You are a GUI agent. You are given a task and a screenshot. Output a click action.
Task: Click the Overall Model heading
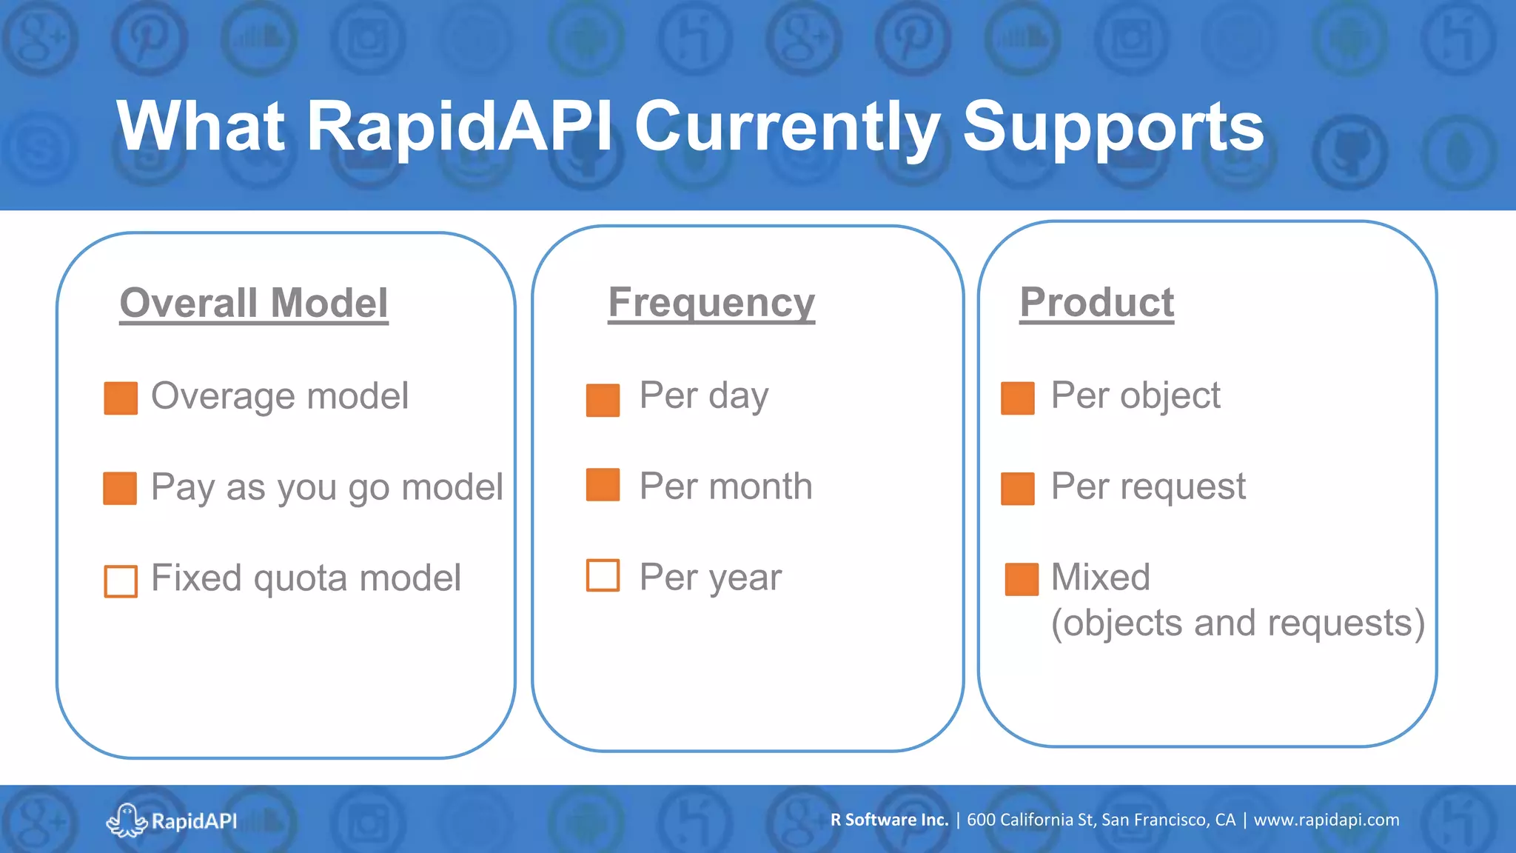(x=254, y=303)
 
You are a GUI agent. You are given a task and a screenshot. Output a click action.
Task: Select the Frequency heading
(x=711, y=302)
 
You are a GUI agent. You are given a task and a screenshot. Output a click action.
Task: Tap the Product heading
(x=1096, y=302)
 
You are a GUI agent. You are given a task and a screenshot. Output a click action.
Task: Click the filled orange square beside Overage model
(x=121, y=398)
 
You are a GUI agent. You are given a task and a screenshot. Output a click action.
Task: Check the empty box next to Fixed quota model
(x=121, y=581)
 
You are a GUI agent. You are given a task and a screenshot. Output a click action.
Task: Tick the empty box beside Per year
(x=603, y=575)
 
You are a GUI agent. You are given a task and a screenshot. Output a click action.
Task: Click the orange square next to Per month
(x=603, y=485)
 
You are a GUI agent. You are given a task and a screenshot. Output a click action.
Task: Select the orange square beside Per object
(x=1017, y=398)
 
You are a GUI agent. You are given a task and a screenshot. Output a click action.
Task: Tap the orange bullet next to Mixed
(x=1022, y=579)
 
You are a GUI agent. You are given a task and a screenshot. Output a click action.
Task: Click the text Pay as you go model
(x=326, y=487)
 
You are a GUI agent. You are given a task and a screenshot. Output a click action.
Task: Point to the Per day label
(x=703, y=395)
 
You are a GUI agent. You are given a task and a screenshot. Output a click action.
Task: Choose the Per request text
(x=1148, y=486)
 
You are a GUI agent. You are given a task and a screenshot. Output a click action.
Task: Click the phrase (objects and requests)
(x=1238, y=623)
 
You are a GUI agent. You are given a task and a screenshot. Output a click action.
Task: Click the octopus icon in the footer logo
(x=127, y=820)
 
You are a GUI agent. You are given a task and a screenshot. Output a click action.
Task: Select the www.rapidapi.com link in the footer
(x=1326, y=820)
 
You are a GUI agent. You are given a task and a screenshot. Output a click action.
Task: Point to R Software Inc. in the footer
(x=889, y=820)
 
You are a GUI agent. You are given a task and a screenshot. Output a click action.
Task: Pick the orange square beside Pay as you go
(x=120, y=488)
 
